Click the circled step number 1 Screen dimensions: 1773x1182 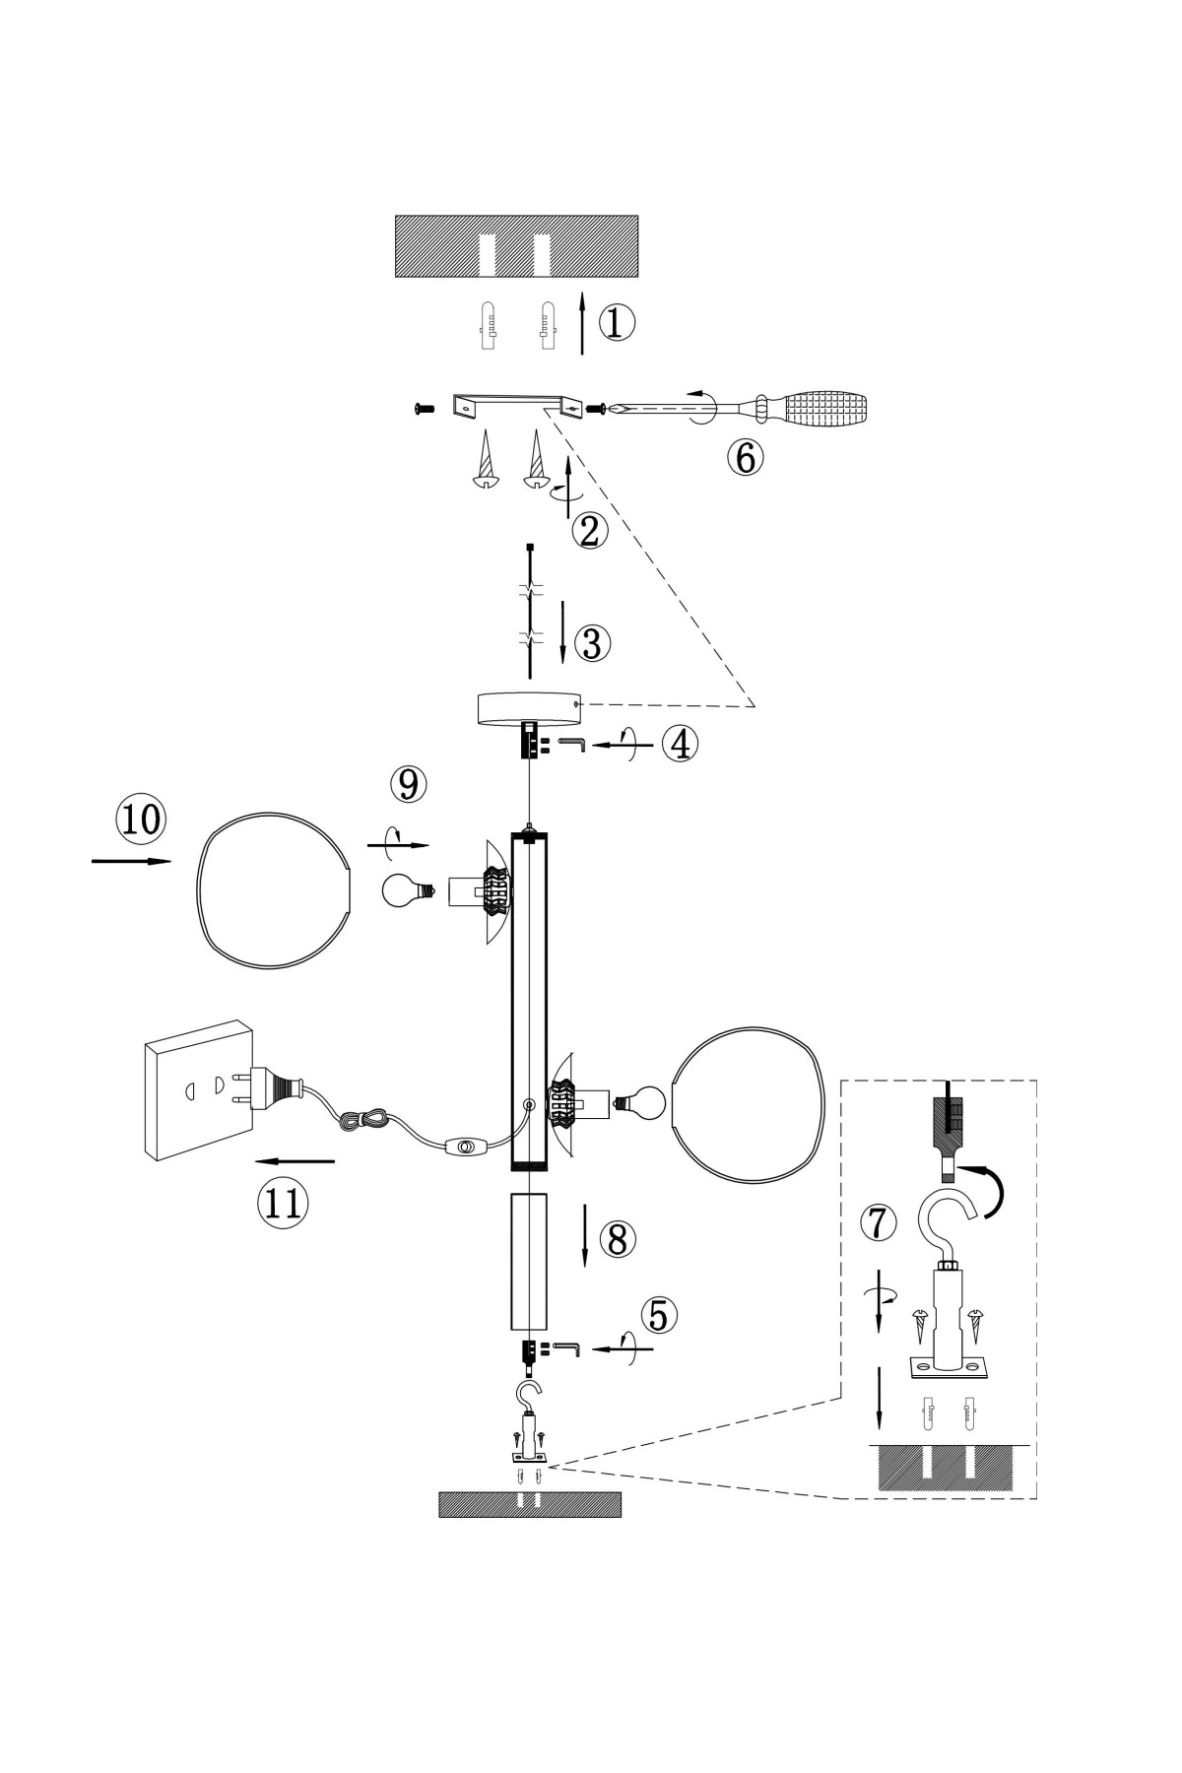[617, 323]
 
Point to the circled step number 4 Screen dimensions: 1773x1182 [679, 744]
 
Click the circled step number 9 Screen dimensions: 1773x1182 [408, 785]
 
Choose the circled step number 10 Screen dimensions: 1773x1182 [141, 819]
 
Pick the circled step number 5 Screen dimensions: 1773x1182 [659, 1315]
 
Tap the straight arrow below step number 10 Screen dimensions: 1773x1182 [131, 862]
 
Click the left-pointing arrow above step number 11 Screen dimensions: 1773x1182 [296, 1161]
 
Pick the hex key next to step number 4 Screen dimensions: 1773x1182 [572, 743]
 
